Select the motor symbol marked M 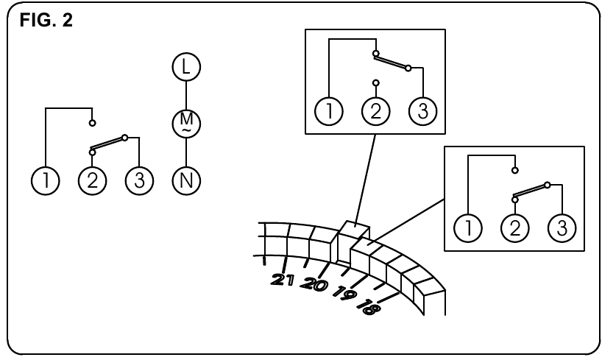coord(186,123)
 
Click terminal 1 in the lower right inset coord(468,227)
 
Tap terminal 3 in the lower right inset coord(560,227)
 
